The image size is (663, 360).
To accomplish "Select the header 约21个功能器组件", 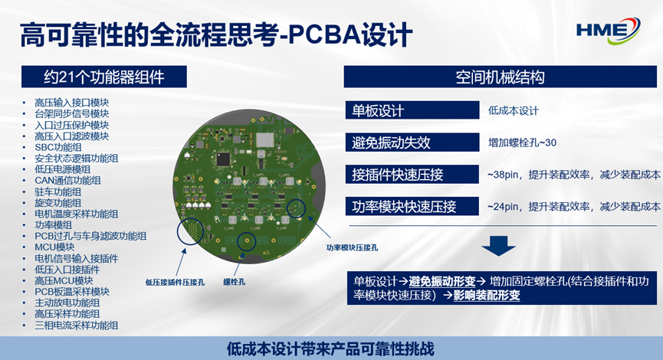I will pyautogui.click(x=104, y=77).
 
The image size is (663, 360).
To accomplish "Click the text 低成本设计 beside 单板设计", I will pyautogui.click(x=514, y=110).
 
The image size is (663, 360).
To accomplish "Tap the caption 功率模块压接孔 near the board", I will pyautogui.click(x=352, y=247).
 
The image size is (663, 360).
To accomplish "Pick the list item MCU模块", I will pyautogui.click(x=54, y=247).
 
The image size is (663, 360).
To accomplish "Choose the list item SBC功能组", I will pyautogui.click(x=58, y=147).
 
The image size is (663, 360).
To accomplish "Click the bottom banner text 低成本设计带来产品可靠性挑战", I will pyautogui.click(x=330, y=349).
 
